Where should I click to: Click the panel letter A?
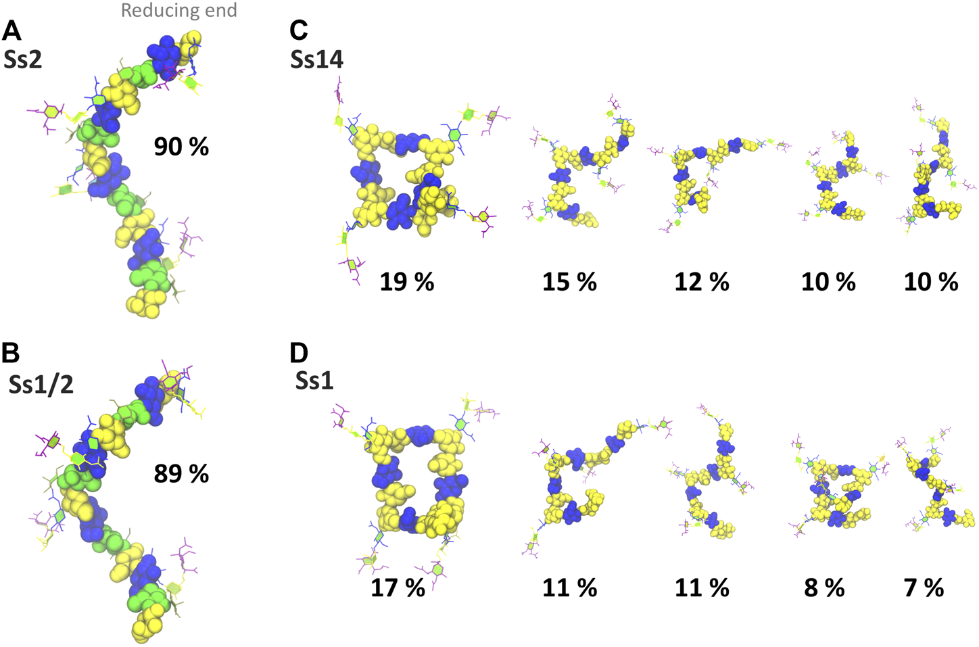12,31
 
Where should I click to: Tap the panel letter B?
12,353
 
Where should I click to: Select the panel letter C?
298,31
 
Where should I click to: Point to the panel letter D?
299,353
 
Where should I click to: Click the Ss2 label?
23,60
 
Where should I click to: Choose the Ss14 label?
317,60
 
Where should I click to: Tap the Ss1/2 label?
41,384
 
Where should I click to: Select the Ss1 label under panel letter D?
314,381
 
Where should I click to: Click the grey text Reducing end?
179,11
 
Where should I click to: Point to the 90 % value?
181,147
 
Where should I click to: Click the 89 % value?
181,474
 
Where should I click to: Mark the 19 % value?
406,282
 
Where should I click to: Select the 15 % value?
569,282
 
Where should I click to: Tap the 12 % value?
702,282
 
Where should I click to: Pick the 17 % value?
398,588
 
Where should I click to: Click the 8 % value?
824,588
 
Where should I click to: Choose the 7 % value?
924,588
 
